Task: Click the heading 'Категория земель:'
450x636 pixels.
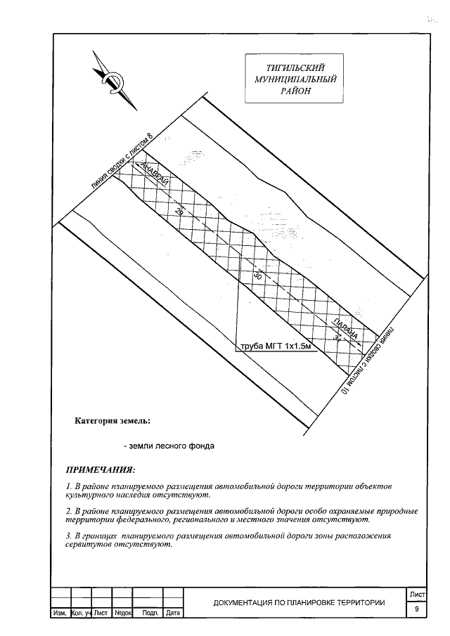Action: [x=112, y=422]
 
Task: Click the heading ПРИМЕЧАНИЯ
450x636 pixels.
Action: [x=100, y=469]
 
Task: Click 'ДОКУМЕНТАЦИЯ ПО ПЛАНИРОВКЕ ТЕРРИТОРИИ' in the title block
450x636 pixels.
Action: [x=299, y=603]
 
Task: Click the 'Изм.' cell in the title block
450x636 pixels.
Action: [x=60, y=614]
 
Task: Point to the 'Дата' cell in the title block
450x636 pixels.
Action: [x=173, y=614]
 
